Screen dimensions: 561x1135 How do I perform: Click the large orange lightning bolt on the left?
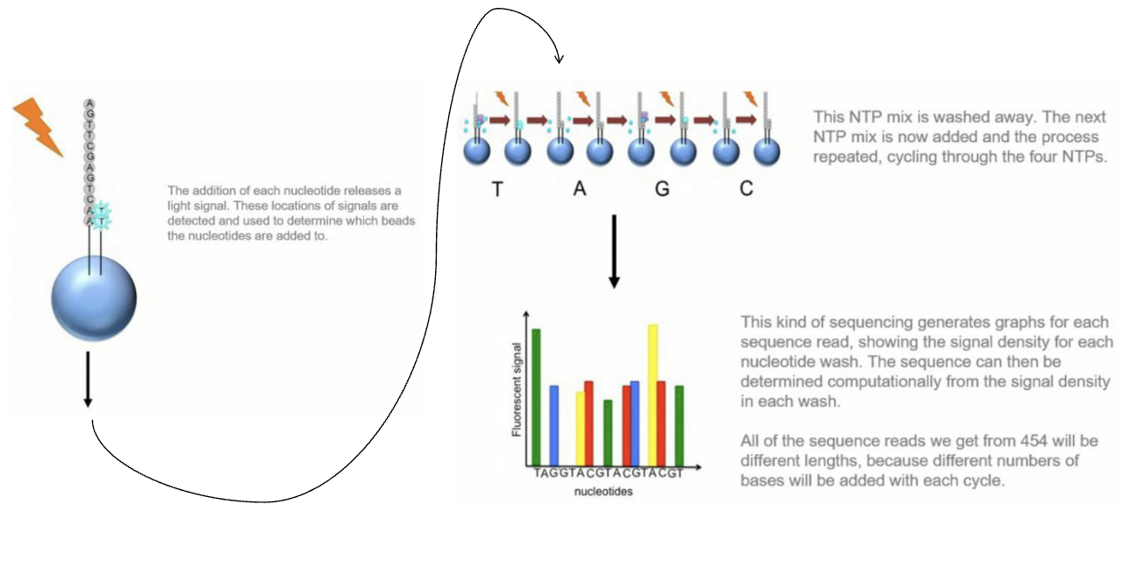point(37,126)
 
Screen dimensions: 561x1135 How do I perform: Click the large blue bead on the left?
point(94,297)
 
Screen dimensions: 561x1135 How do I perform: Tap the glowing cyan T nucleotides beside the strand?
point(102,215)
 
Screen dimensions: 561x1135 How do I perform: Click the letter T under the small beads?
point(497,189)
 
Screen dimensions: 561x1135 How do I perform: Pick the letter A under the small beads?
point(579,189)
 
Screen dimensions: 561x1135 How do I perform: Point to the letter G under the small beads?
point(662,189)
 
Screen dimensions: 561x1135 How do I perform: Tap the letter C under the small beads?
point(746,189)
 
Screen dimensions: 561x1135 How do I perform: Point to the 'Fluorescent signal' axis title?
point(517,390)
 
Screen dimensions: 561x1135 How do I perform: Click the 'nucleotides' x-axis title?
point(603,492)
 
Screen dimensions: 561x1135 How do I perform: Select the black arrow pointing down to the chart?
point(614,254)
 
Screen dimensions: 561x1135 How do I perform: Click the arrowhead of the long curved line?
point(559,59)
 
